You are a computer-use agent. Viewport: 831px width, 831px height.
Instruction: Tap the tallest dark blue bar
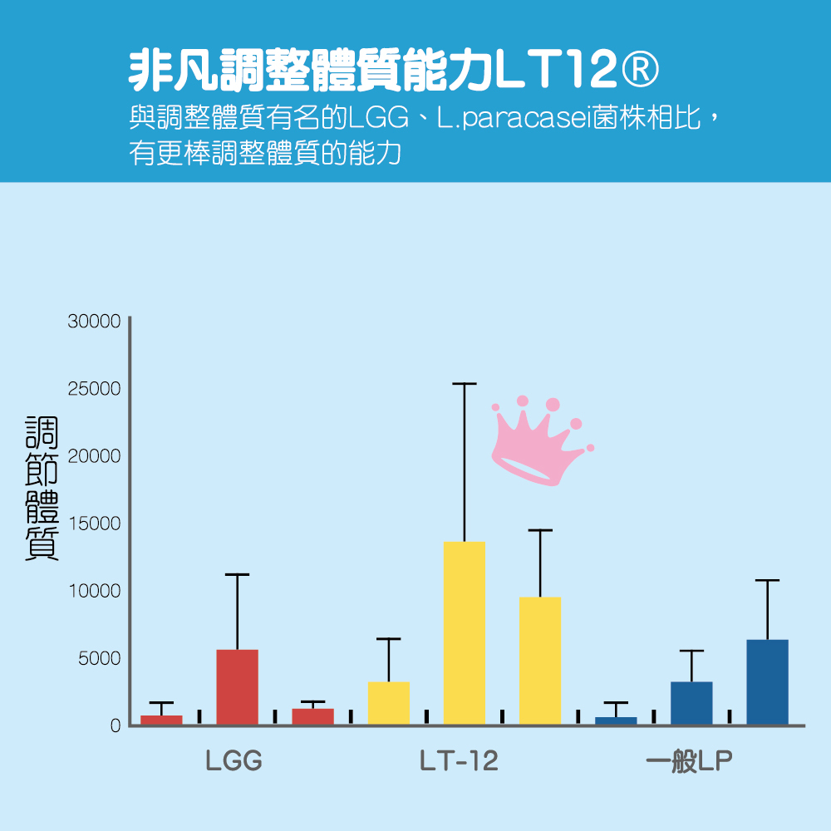[x=767, y=682]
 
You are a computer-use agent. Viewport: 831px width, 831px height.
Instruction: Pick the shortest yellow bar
[x=388, y=703]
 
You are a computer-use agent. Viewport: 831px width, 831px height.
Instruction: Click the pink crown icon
[x=538, y=440]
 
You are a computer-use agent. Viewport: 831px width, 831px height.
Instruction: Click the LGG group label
[x=234, y=761]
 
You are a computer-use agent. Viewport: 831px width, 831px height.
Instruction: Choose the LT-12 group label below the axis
[x=459, y=761]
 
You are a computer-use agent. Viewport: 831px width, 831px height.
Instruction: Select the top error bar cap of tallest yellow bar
[x=464, y=384]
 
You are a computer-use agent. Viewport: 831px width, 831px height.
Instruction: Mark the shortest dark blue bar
[x=616, y=720]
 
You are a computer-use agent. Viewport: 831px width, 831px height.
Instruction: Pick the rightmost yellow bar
[x=539, y=661]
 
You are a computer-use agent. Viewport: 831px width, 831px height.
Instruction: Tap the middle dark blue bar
[x=691, y=703]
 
